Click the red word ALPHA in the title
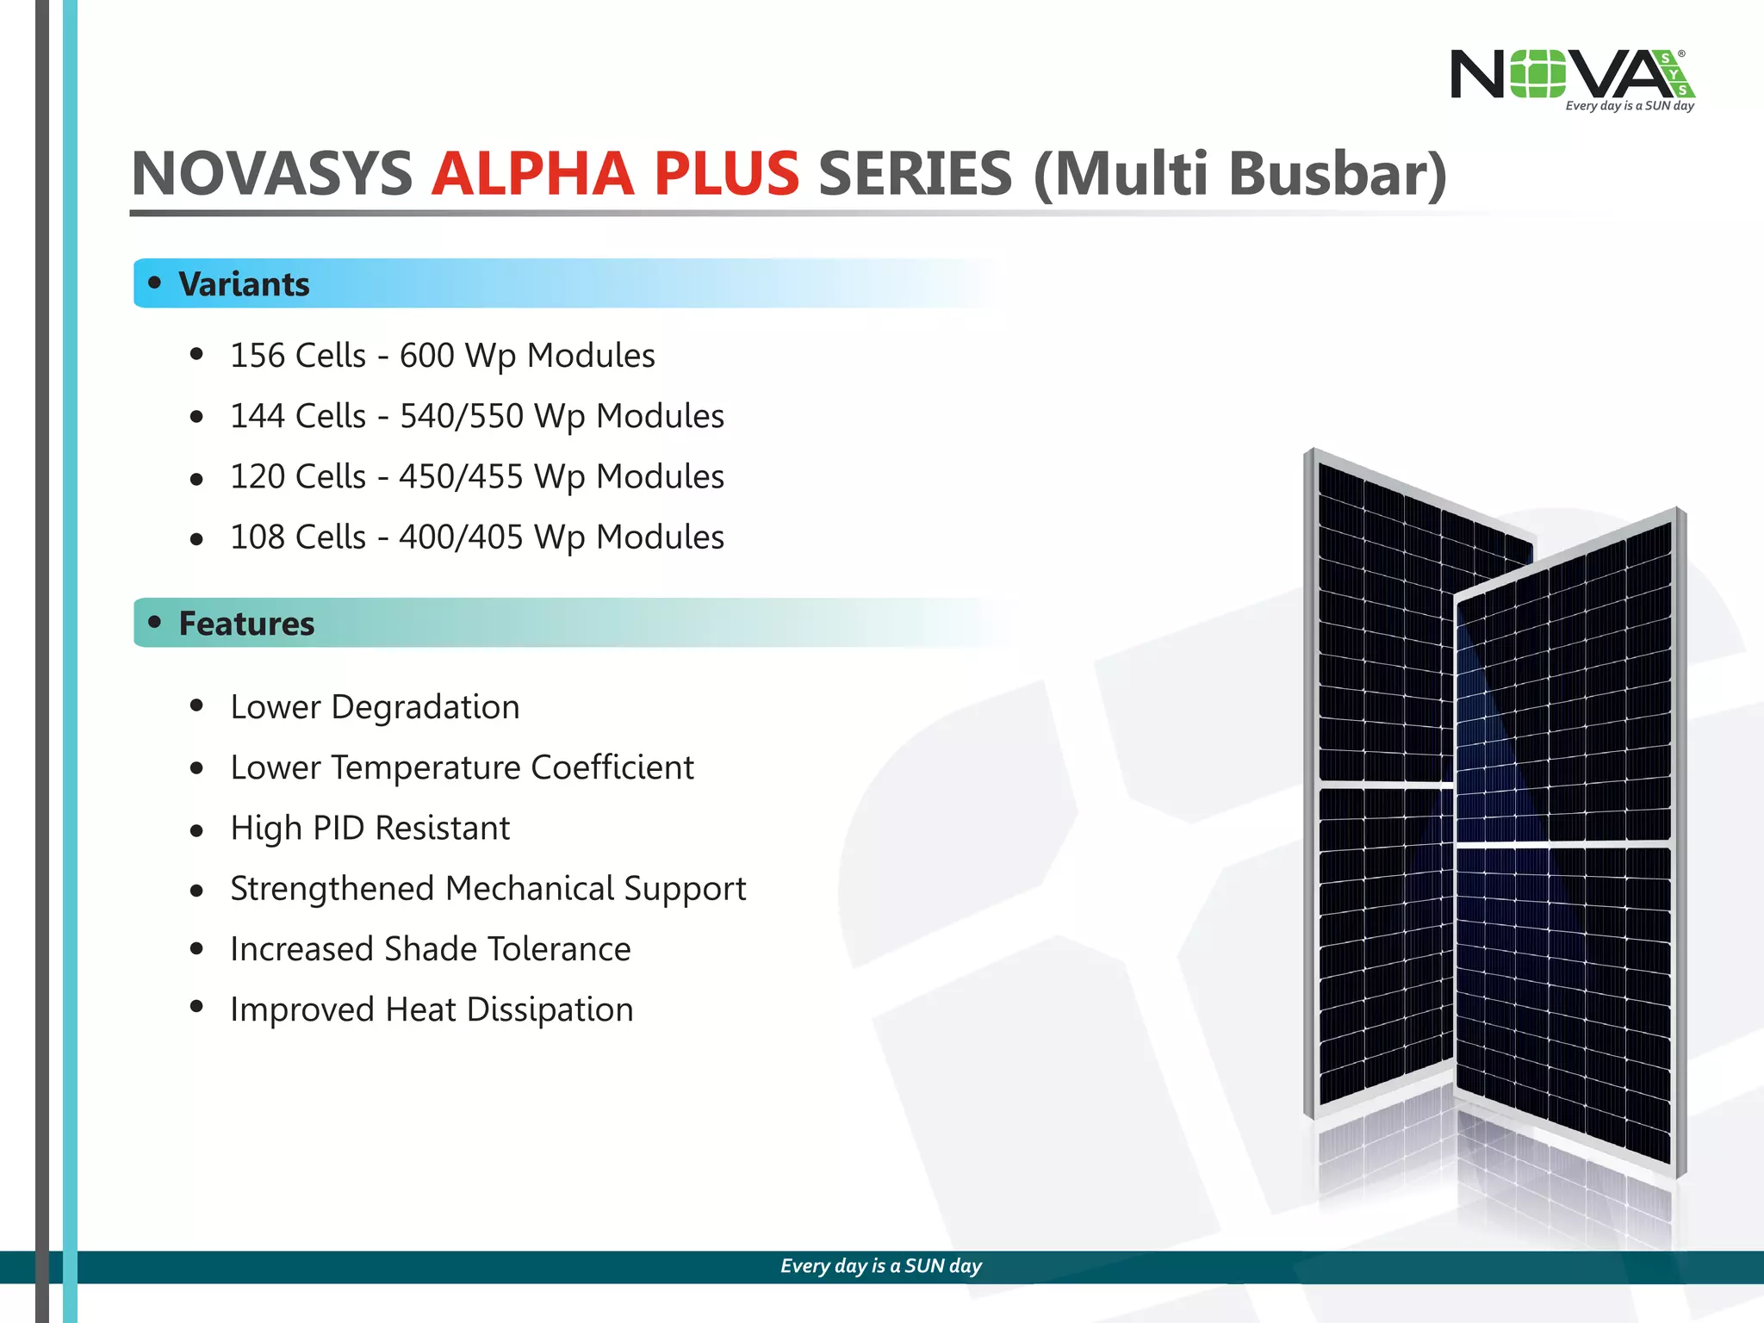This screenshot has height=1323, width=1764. pos(532,174)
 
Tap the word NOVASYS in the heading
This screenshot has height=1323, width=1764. pos(272,174)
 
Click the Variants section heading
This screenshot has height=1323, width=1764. pos(244,284)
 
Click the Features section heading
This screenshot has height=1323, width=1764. pos(246,624)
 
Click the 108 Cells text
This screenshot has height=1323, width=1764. pos(298,537)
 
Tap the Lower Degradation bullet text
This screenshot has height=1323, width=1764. pos(375,707)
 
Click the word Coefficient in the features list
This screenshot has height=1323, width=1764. pos(612,767)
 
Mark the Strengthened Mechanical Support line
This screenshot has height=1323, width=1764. pos(488,889)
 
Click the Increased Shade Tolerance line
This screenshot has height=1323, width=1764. pos(430,949)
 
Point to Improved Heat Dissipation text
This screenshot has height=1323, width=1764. pos(432,1009)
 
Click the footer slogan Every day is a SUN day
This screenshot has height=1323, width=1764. pos(881,1266)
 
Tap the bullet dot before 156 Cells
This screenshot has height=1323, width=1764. pos(196,354)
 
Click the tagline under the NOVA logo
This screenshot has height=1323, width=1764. pos(1629,106)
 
